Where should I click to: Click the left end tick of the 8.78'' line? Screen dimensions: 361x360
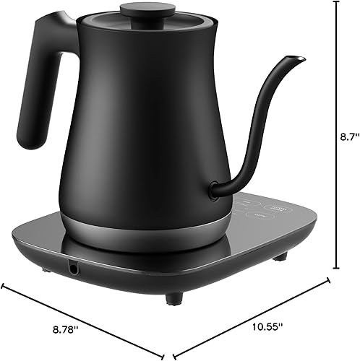pyautogui.click(x=4, y=285)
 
